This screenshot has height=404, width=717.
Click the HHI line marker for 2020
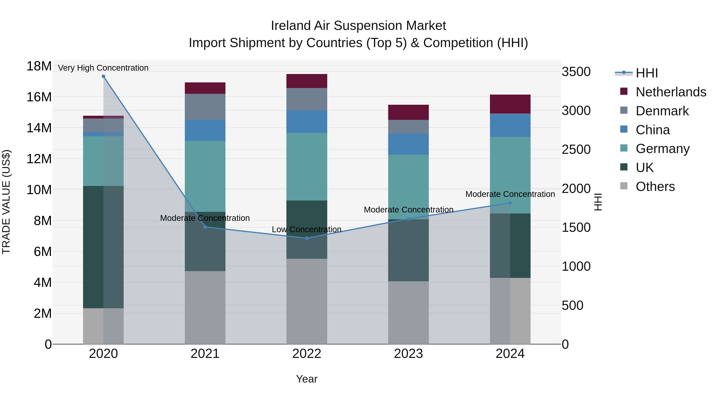click(x=103, y=76)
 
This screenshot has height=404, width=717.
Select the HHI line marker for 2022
click(x=307, y=238)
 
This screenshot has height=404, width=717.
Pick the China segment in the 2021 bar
click(x=205, y=130)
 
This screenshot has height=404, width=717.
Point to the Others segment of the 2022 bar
click(x=307, y=301)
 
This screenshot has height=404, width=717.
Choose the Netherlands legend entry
click(x=671, y=92)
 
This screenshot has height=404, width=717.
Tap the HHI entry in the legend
click(x=646, y=73)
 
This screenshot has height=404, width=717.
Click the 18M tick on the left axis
click(x=39, y=66)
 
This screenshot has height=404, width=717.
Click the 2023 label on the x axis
click(x=408, y=354)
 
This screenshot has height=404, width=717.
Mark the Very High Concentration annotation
click(x=103, y=68)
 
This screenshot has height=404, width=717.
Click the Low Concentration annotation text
click(x=307, y=229)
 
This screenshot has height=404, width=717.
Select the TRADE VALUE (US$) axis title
click(x=6, y=202)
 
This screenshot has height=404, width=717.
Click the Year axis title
click(x=307, y=379)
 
